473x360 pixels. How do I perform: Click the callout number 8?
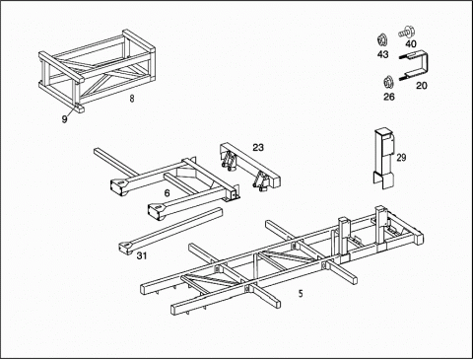(132, 99)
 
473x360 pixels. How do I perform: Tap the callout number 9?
(64, 119)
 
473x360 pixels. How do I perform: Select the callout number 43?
(382, 54)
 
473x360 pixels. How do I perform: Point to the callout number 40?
(411, 43)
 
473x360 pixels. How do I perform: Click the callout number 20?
(422, 86)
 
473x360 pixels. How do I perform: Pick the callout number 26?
(389, 97)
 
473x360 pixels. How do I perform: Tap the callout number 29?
(401, 158)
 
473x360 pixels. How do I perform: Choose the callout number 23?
(258, 147)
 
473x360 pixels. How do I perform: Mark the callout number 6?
(167, 193)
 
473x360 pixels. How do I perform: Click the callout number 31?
(142, 255)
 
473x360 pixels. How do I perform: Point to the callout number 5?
(301, 294)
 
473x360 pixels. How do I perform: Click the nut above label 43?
(382, 40)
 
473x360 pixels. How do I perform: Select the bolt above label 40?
(406, 33)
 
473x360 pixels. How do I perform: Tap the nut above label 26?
(389, 82)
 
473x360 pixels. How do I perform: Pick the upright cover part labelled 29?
(383, 158)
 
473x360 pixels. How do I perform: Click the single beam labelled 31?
(170, 232)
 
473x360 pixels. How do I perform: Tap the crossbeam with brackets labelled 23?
(250, 167)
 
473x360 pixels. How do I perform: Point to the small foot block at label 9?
(79, 108)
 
